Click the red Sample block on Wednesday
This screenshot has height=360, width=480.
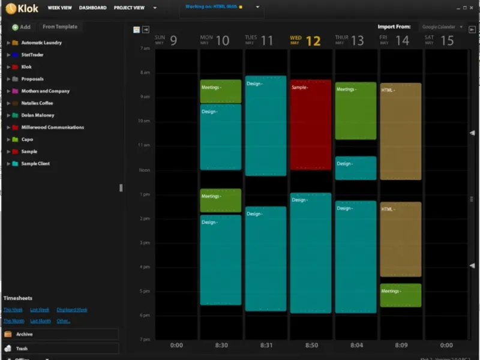(311, 124)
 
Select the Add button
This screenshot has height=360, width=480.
(21, 27)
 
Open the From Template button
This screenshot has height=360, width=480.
(59, 27)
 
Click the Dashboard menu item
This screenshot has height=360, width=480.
(92, 8)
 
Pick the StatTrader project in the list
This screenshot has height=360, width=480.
(32, 55)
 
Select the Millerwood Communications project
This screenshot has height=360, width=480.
(52, 127)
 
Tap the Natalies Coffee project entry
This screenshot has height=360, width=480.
(37, 103)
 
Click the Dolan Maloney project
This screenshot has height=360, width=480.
(37, 115)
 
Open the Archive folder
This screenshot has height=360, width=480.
(25, 334)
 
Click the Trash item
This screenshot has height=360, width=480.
(22, 349)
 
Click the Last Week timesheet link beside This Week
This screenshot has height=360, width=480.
(40, 310)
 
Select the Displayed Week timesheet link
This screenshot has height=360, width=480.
(72, 310)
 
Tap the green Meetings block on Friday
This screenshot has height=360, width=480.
(400, 295)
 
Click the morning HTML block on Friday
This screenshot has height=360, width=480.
(400, 131)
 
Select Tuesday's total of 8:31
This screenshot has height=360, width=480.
(266, 345)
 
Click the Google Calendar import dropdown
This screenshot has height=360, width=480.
(442, 27)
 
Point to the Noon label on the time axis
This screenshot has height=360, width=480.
(144, 170)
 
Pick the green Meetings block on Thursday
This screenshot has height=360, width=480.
(356, 110)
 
